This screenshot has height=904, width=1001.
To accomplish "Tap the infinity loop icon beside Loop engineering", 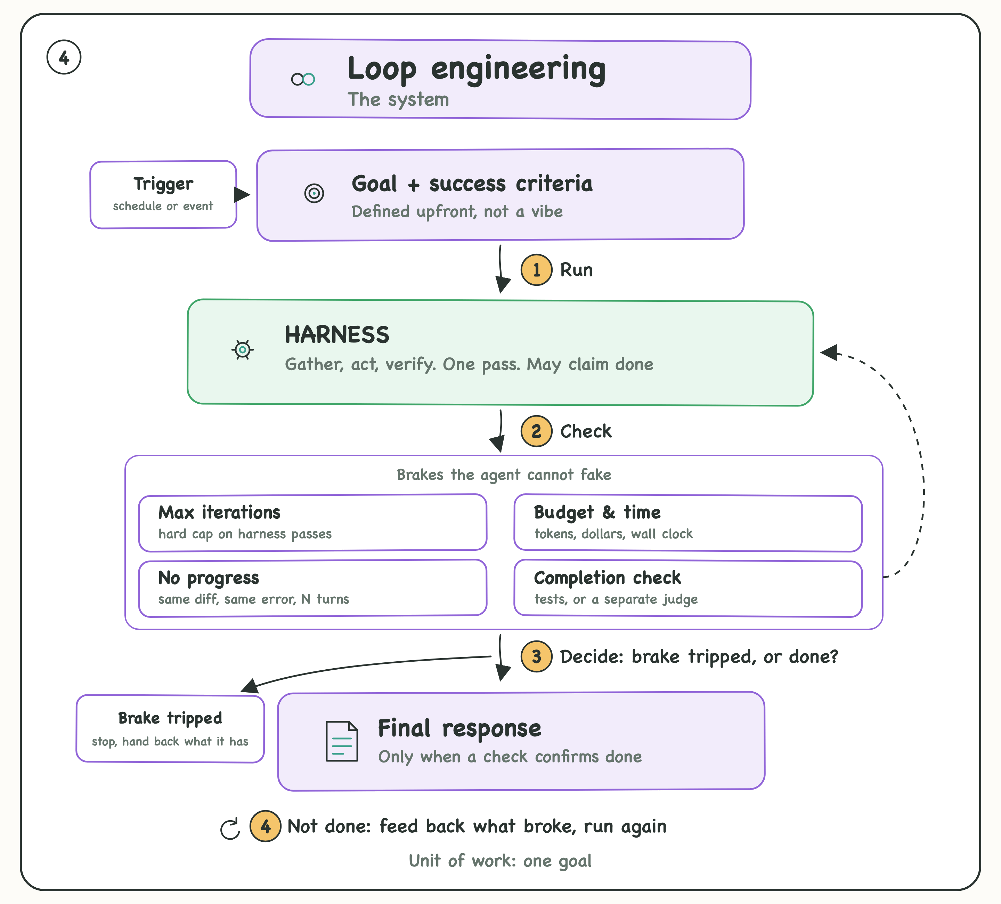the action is coord(303,79).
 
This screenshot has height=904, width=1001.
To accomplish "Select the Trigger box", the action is coord(163,194).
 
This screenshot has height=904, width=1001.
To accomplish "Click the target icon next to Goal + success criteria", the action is coord(314,193).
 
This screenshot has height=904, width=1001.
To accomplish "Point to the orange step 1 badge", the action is coord(536,270).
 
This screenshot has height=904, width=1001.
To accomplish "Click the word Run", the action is coord(577,270).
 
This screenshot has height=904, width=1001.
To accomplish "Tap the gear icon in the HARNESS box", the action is coord(243,350).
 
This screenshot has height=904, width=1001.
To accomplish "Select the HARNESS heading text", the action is coord(337,335).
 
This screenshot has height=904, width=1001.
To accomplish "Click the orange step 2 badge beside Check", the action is coord(536,431).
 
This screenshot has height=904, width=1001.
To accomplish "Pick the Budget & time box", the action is coord(688,523).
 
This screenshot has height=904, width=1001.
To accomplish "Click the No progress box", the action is coord(313,588).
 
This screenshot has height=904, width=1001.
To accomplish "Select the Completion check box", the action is coord(688,589).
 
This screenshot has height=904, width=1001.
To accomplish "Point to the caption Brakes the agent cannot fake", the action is coord(504,475).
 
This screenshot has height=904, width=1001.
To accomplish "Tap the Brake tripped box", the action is coord(170,729).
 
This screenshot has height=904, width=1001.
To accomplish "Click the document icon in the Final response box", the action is coord(342,741).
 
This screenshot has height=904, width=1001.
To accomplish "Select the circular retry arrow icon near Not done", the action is coord(230,829).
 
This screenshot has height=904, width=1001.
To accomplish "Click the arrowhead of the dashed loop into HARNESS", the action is coord(829,352).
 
